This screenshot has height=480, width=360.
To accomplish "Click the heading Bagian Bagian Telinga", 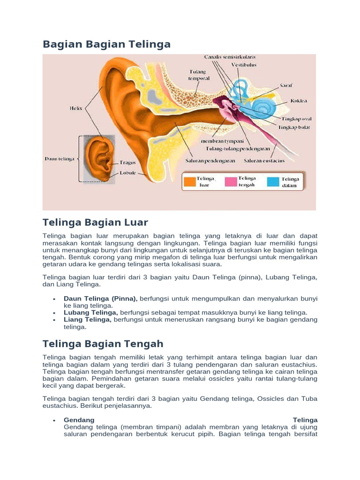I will coord(106,44).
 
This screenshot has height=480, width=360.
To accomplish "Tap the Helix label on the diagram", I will coord(76,108).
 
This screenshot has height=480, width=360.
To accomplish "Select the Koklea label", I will coord(299,100).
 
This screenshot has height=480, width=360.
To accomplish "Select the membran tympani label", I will coord(218,141).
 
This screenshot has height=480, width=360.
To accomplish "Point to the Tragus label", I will coord(127,163).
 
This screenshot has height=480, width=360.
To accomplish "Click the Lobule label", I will coord(127,172).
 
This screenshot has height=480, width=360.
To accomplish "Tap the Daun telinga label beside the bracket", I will coord(60,159).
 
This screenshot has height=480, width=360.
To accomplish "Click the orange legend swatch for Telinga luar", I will coord(189,181).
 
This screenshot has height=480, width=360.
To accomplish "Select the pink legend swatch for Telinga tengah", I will coord(231,181).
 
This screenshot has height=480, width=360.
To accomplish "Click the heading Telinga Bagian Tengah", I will coord(103,344).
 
